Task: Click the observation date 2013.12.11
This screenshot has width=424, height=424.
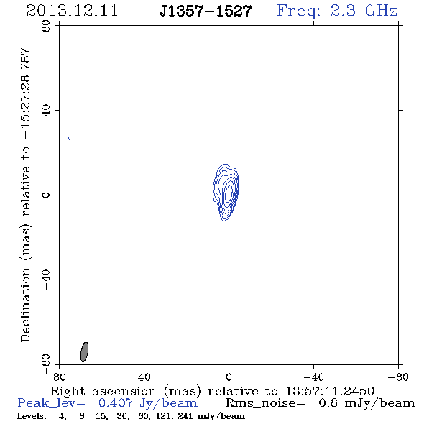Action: pos(72,11)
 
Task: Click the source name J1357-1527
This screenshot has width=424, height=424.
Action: pos(206,11)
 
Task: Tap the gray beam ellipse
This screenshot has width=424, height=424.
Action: pos(84,352)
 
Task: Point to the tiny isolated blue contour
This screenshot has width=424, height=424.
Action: pos(70,138)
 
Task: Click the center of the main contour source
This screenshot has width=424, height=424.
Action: pos(226,193)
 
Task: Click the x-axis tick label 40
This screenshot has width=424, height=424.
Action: pos(144,377)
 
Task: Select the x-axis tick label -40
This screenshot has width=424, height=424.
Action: pos(313,377)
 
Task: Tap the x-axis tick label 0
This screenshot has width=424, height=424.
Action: pos(229,377)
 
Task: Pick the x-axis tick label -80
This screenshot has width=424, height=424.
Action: pos(398,377)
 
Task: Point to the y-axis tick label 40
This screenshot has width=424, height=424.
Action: pos(46,111)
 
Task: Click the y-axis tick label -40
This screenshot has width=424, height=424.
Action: pos(46,280)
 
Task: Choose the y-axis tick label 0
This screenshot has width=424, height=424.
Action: pos(46,195)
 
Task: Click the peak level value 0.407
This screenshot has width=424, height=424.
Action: pos(116,403)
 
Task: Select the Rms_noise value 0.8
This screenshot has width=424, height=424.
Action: pos(328,403)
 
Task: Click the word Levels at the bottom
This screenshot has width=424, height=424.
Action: pos(32,416)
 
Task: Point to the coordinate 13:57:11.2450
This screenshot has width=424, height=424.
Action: pos(330,391)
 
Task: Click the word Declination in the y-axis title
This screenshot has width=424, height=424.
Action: pos(25,305)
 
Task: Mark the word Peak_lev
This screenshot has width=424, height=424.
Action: pos(51,403)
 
